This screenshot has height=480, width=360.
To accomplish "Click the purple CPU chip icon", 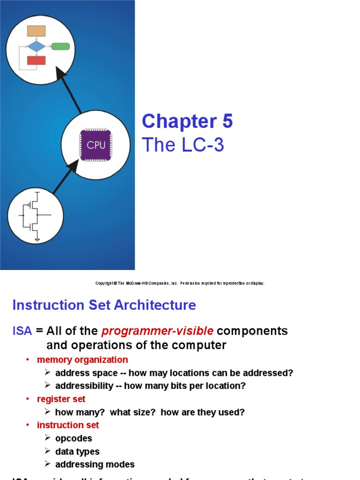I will coord(96,145).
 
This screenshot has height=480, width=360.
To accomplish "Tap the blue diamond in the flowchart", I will coord(36,46).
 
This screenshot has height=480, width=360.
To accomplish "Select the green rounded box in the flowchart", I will coord(60,46).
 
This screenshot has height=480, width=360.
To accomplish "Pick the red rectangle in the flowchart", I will coord(36,60).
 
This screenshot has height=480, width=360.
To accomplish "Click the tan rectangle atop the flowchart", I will coord(36,31).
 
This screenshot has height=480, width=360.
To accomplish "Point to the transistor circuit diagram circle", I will coord(35,215).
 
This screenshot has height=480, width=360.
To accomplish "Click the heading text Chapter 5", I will coord(187,122).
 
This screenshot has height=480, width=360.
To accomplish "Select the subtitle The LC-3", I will coord(183,145).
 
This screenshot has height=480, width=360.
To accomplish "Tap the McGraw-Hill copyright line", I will coord(180,283).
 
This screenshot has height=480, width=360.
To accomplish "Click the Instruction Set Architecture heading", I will coord(104,305).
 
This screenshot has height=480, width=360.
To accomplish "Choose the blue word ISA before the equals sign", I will coord(22,331).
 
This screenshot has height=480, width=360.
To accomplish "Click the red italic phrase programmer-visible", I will coord(157,331).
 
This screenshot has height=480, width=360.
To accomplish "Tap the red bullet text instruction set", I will coord(68,425).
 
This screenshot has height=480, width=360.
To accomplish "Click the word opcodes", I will coord(74,438).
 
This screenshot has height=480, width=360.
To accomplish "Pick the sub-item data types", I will coord(77,451).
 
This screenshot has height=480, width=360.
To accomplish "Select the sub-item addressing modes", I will coord(95,465).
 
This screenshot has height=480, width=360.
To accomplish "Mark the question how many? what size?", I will coord(106,412).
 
